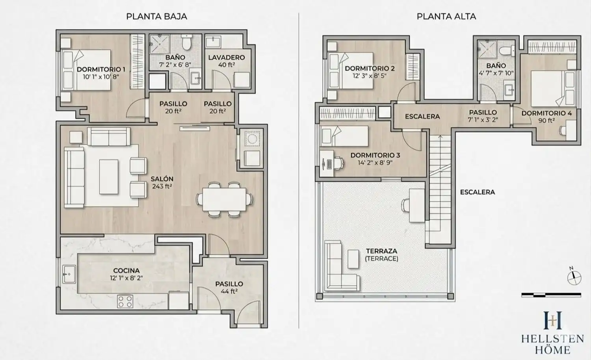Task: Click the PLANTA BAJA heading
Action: pyautogui.click(x=157, y=17)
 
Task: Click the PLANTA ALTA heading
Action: pyautogui.click(x=446, y=17)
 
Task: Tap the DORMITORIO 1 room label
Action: pyautogui.click(x=101, y=69)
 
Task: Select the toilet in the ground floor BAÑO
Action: pyautogui.click(x=187, y=43)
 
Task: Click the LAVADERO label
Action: pyautogui.click(x=227, y=57)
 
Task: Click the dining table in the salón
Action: pyautogui.click(x=224, y=199)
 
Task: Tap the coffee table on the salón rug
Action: pyautogui.click(x=109, y=177)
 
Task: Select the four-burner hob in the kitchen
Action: pyautogui.click(x=125, y=301)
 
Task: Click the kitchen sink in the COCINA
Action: pyautogui.click(x=69, y=274)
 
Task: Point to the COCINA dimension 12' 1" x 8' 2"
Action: pyautogui.click(x=126, y=278)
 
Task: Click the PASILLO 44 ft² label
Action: pyautogui.click(x=229, y=288)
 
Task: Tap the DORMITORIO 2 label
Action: pyautogui.click(x=370, y=68)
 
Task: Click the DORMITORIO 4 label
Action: pyautogui.click(x=547, y=113)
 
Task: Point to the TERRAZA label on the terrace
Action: pyautogui.click(x=381, y=251)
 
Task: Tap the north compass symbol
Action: pyautogui.click(x=574, y=277)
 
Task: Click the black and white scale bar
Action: pyautogui.click(x=551, y=295)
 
